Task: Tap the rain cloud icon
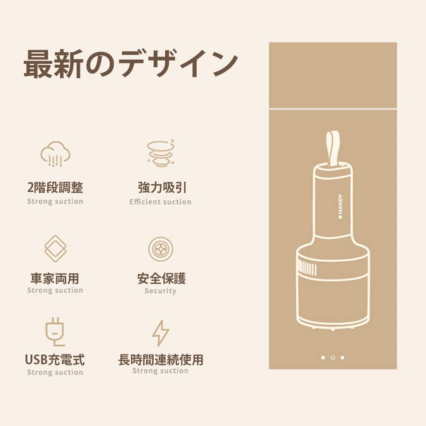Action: point(55,154)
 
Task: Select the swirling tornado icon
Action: point(161,153)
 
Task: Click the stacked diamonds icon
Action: point(55,249)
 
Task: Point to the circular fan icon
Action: point(160,249)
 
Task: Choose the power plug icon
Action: point(55,332)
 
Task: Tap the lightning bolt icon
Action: point(160,333)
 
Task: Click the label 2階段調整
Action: point(55,187)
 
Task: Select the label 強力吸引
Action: point(162,187)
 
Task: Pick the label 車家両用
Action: point(55,278)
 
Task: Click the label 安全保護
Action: point(162,278)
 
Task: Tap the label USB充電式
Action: point(55,360)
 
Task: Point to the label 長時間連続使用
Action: point(161,360)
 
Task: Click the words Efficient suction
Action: point(160,202)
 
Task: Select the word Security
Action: point(160,291)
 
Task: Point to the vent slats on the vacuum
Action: point(307,268)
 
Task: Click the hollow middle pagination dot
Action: point(333,357)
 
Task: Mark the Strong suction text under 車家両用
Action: point(55,290)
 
